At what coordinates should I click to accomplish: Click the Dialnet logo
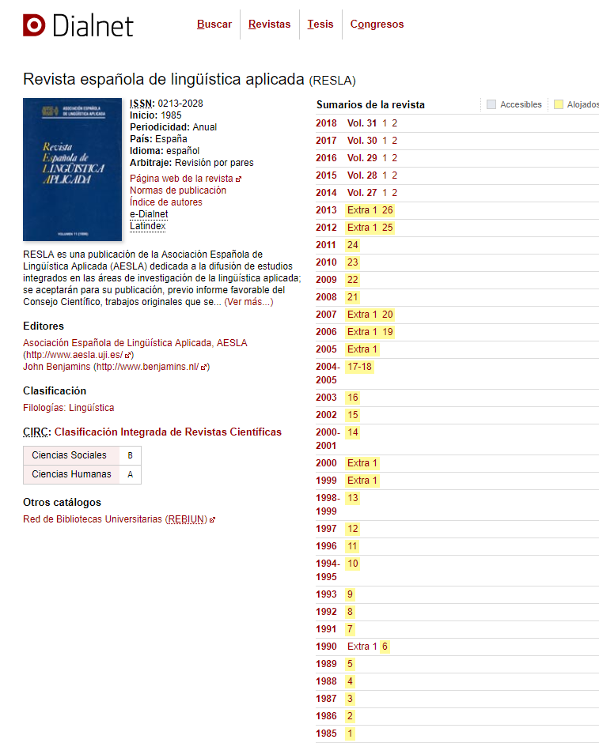(x=78, y=25)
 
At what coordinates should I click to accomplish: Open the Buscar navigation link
(x=214, y=25)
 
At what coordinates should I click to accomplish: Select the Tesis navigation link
(x=320, y=25)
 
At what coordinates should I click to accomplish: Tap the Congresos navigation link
(x=377, y=25)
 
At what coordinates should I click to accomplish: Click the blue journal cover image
(x=72, y=169)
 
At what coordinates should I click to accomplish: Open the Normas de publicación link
(x=178, y=190)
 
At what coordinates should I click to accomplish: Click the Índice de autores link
(x=166, y=202)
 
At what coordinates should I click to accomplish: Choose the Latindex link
(x=148, y=226)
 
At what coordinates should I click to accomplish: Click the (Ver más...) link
(x=248, y=302)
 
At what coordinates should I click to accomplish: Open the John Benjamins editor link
(x=116, y=367)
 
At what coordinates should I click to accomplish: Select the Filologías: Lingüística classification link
(x=69, y=408)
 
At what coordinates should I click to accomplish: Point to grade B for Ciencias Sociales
(x=130, y=455)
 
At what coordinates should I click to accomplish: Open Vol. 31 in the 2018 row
(x=362, y=123)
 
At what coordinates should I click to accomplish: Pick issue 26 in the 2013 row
(x=388, y=210)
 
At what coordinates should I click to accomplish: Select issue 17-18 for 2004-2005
(x=359, y=367)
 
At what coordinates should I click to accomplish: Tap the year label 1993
(x=326, y=594)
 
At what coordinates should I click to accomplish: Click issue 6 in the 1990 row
(x=385, y=647)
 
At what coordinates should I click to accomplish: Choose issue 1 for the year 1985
(x=351, y=734)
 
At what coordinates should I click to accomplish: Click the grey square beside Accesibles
(x=491, y=104)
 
